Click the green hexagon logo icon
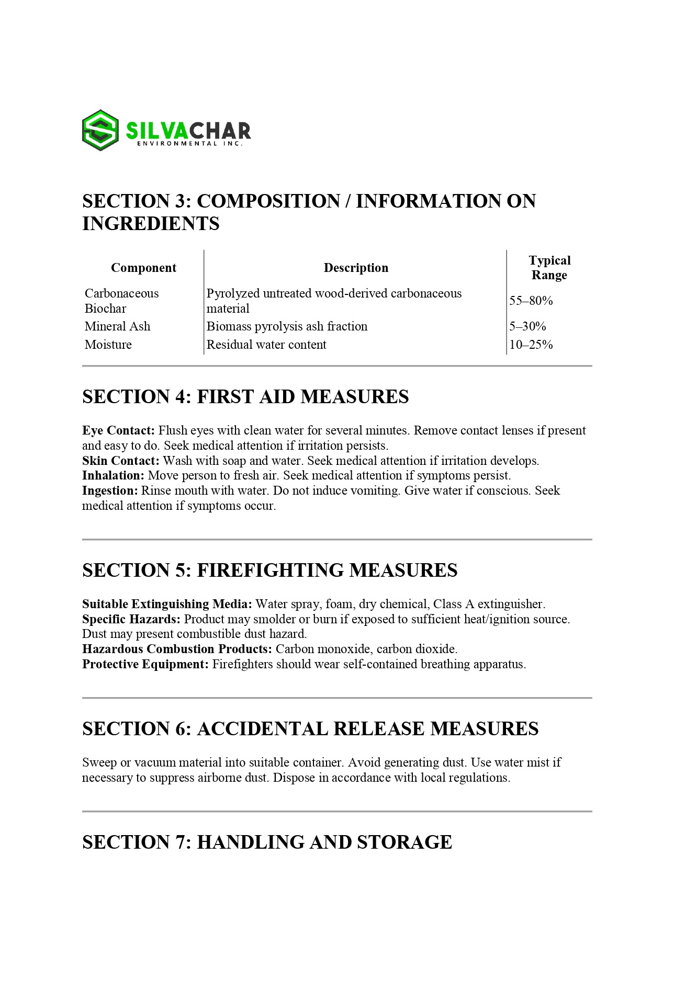pos(100,130)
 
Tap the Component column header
pos(143,268)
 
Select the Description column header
pos(356,268)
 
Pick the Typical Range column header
pos(549,268)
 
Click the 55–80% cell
pos(531,301)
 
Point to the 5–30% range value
pos(527,326)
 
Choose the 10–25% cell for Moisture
pos(531,345)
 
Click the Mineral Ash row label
pos(118,326)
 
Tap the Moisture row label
pos(108,345)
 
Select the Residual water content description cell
pos(266,345)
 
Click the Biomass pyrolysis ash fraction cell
pos(287,326)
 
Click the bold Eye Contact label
pos(118,430)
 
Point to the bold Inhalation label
pos(113,475)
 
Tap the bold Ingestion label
pos(110,490)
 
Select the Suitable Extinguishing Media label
pos(167,604)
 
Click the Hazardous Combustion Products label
pos(177,649)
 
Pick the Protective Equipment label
pos(145,664)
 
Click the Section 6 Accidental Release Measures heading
pos(310,728)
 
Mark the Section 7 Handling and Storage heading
pos(267,842)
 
